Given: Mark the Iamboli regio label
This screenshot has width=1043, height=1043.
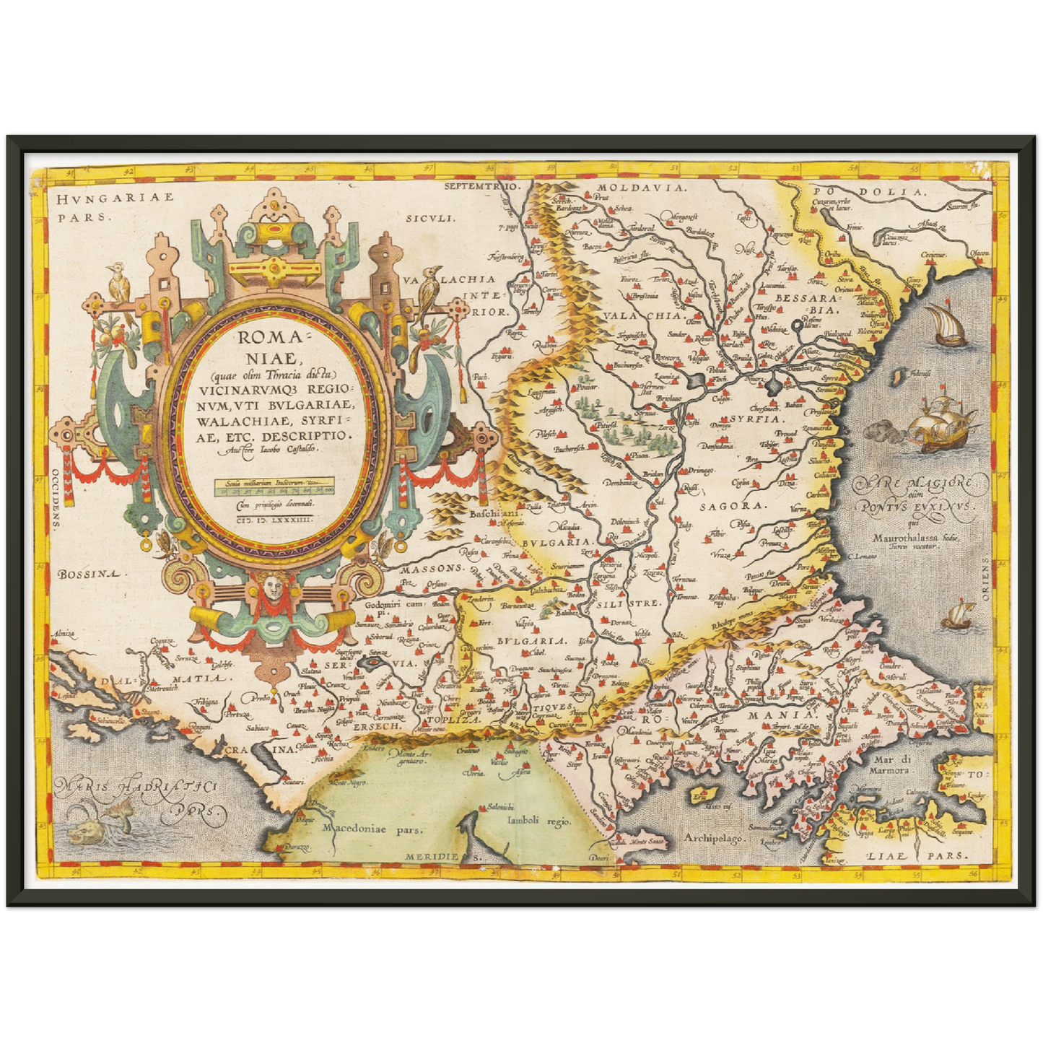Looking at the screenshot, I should (538, 821).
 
